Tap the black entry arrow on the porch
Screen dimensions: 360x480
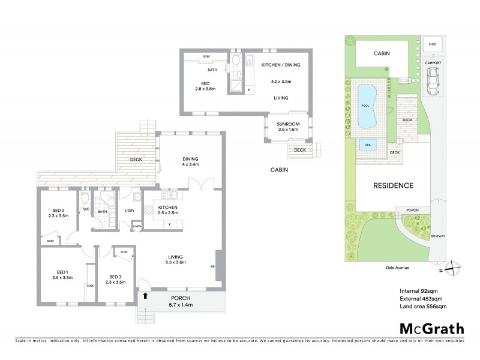145,295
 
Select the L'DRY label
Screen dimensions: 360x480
129,211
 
